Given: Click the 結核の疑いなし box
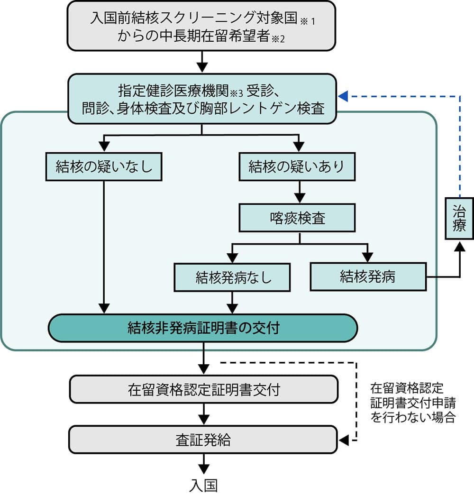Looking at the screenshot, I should [x=104, y=166].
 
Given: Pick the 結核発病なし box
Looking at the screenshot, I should [x=232, y=277].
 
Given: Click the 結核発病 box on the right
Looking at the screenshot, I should [x=368, y=277].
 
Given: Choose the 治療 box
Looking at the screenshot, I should [x=459, y=218].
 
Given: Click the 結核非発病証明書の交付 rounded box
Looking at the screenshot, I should [x=203, y=328].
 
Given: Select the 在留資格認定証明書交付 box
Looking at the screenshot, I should [x=204, y=390].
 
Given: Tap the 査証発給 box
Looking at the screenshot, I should [x=204, y=440].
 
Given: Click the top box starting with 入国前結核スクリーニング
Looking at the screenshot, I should [x=201, y=26].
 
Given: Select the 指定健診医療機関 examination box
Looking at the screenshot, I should [x=201, y=99].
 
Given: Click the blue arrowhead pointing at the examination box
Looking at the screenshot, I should [x=344, y=96].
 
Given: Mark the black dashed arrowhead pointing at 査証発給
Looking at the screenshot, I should [x=344, y=440].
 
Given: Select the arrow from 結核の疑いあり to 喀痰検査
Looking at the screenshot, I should [x=298, y=192].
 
